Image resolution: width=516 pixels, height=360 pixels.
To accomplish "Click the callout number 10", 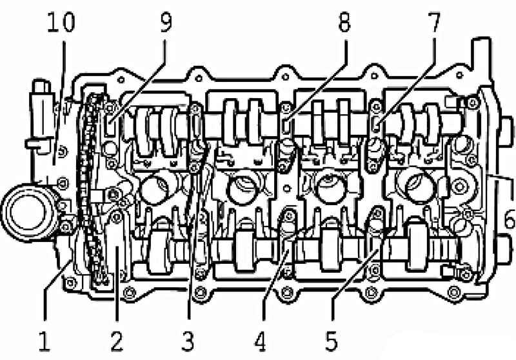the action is [x=61, y=22].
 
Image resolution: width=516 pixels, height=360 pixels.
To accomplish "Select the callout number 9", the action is [x=166, y=22].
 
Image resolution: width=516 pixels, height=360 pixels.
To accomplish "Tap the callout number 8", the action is [x=344, y=22].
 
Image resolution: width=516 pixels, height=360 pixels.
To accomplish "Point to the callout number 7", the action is [x=433, y=22].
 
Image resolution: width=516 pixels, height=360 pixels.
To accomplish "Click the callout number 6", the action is [x=510, y=218].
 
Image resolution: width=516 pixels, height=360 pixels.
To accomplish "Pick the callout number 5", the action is [x=332, y=341].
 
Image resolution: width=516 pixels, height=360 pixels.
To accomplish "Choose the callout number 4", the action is [x=260, y=341].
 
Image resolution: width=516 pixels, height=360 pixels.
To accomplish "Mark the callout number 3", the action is [x=188, y=341].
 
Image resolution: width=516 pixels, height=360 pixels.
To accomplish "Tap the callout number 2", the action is [x=117, y=341].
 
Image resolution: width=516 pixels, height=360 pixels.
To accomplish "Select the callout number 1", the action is [x=44, y=341].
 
